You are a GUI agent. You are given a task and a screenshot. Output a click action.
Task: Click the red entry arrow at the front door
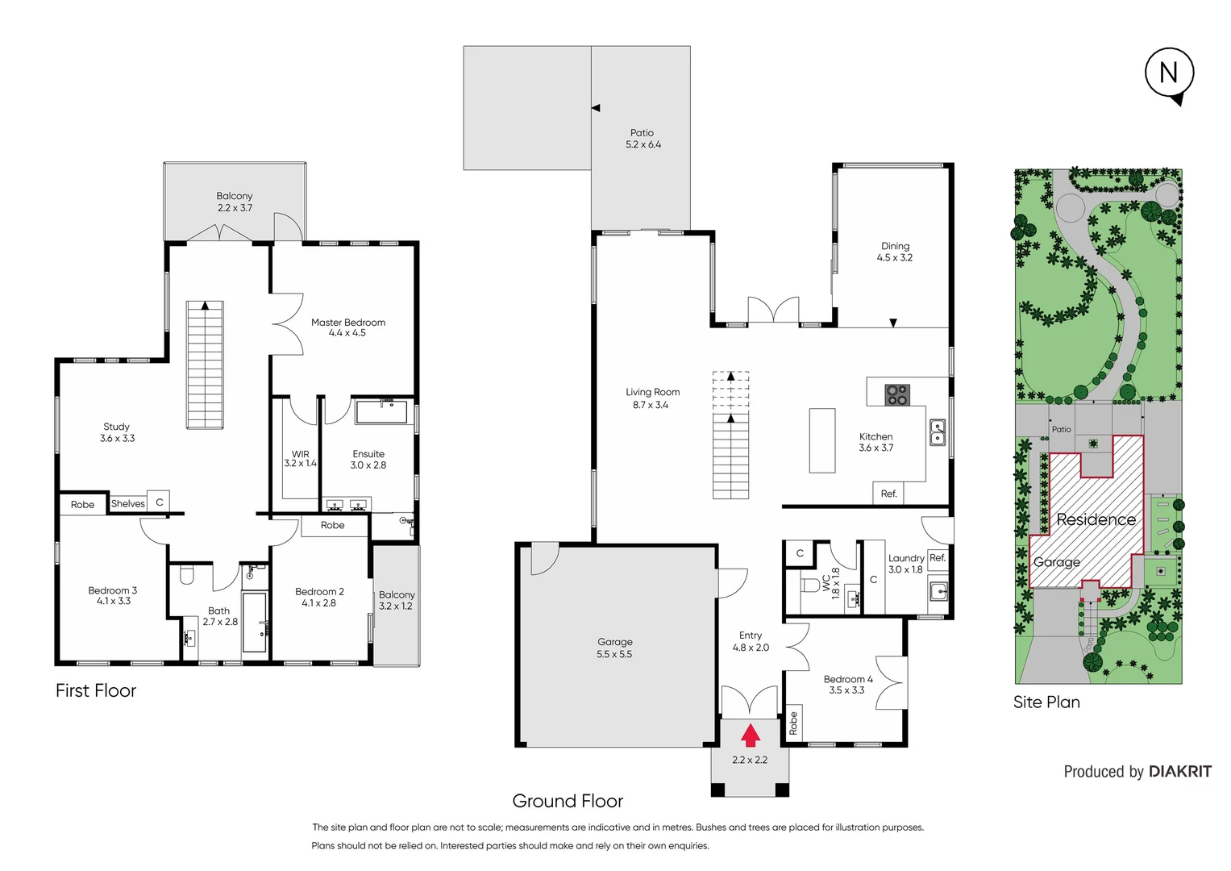tap(751, 735)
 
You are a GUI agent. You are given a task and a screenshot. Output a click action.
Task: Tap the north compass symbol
tap(1169, 74)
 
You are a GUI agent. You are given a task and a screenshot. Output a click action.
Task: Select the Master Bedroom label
tap(348, 323)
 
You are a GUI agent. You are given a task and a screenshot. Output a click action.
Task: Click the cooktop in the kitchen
tap(896, 395)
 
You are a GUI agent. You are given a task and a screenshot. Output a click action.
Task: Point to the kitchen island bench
tap(822, 440)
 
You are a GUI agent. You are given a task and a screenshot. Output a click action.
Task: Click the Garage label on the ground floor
tap(614, 642)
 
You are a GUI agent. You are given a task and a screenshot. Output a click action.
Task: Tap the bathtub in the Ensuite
tap(382, 411)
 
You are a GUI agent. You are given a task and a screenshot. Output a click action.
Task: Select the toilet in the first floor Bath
tap(187, 575)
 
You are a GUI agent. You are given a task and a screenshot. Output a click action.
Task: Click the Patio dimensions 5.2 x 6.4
tap(643, 145)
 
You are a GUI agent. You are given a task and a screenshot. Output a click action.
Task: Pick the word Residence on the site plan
tap(1096, 519)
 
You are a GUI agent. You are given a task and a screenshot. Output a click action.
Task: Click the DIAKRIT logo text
tap(1179, 772)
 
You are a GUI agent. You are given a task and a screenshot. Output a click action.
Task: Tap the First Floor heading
tap(96, 691)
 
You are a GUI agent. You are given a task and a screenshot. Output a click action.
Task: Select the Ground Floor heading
tap(568, 801)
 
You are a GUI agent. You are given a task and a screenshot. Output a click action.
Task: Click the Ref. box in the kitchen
tap(888, 494)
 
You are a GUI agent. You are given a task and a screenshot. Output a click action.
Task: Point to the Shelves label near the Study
tap(128, 504)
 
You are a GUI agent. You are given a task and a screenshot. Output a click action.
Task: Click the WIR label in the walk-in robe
tap(300, 454)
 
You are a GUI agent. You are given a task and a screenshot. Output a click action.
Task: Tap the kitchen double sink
tap(938, 432)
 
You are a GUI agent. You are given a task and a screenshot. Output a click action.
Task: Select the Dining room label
tap(895, 246)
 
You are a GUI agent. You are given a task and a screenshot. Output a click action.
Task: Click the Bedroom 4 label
tap(847, 679)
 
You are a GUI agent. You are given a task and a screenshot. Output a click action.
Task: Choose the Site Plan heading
tap(1046, 702)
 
